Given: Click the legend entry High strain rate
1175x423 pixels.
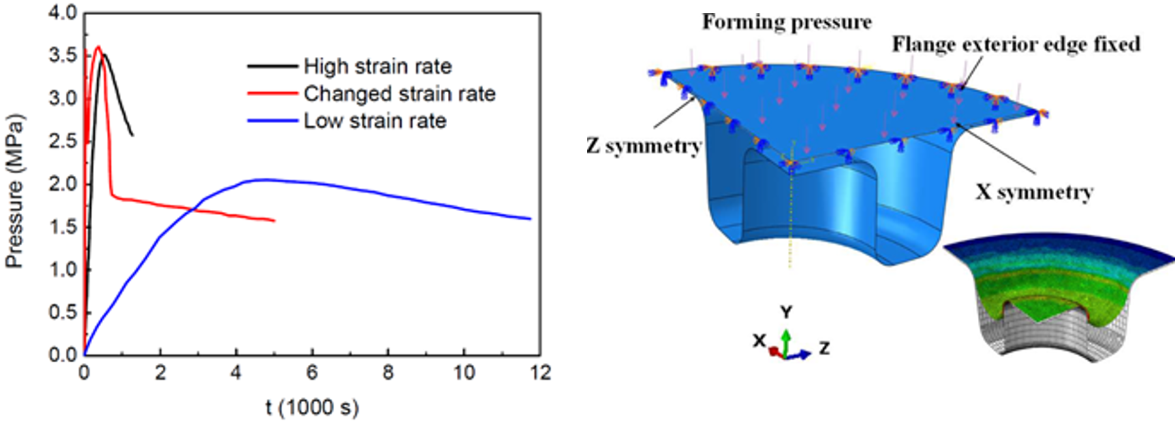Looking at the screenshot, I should coord(377,66).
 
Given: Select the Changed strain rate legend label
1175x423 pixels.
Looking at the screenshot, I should coord(399,93).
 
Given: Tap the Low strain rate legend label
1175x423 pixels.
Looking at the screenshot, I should coord(375,121).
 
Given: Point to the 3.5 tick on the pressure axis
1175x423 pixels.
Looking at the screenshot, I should coord(63,55).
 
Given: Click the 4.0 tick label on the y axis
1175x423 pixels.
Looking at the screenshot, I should coord(63,12).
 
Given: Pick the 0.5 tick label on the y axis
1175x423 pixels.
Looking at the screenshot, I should coord(63,312).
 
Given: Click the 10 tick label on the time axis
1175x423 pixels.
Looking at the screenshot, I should coord(464,373).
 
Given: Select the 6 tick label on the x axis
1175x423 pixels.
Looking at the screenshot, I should coord(312,373).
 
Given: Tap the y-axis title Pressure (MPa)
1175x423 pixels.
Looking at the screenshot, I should coord(14,191).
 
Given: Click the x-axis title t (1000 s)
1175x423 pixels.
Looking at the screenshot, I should coord(312,407).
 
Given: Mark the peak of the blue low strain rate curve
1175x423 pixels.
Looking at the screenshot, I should coord(263,179).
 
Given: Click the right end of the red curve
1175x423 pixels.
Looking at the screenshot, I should coord(274,221).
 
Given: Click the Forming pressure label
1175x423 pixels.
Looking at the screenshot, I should coord(787,22).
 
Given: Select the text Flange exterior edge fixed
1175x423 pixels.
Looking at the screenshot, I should coord(1016,44).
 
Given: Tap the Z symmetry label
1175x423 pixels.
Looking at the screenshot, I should coord(644,146).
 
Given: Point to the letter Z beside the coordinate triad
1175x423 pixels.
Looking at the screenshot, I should coord(824,348).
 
